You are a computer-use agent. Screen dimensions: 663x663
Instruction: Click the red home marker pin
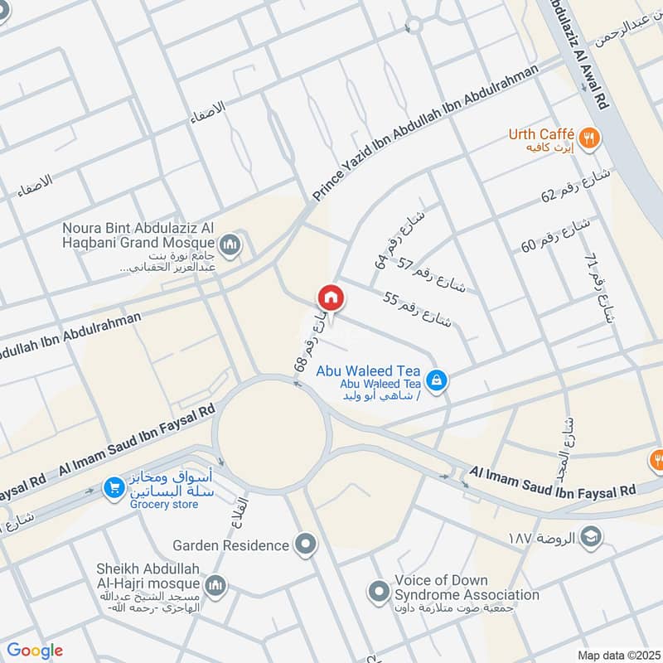[x=329, y=298]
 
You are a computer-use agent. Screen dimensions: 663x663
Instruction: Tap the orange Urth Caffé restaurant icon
[x=589, y=138]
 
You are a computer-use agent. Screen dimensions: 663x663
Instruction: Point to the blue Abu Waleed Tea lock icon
[x=437, y=380]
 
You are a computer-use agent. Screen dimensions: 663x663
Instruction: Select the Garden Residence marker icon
[x=306, y=545]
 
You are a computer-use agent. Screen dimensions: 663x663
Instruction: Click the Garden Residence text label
[x=231, y=545]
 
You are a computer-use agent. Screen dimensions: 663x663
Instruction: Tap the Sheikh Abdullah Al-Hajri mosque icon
[x=216, y=586]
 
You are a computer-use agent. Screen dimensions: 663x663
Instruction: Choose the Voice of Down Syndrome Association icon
[x=379, y=592]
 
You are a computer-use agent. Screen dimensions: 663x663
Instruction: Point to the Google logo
[x=35, y=651]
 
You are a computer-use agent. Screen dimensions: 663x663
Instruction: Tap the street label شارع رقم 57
[x=432, y=275]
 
